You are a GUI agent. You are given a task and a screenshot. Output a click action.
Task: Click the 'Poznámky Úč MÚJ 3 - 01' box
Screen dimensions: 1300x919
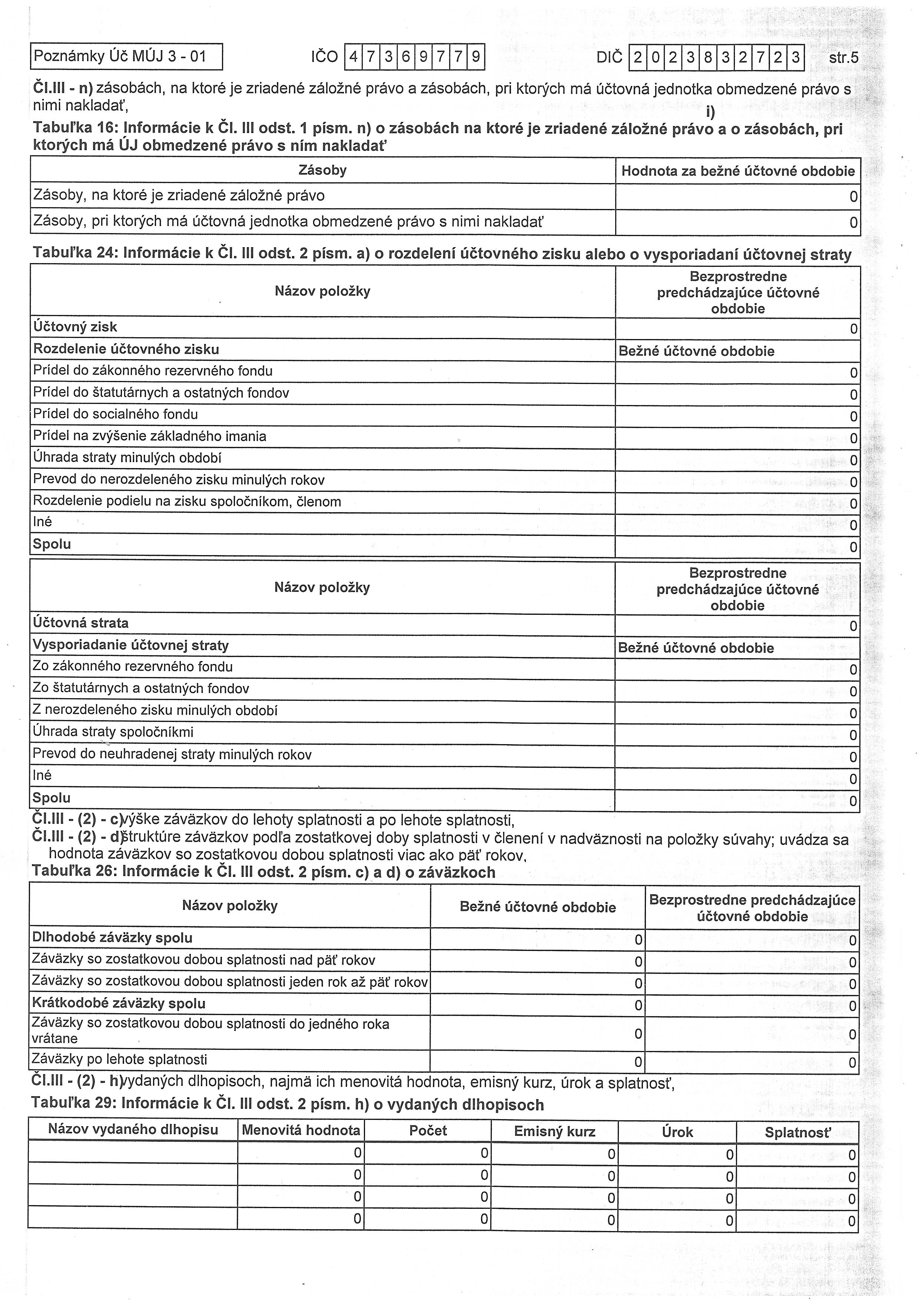point(126,57)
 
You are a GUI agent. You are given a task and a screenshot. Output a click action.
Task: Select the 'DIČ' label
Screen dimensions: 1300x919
point(609,57)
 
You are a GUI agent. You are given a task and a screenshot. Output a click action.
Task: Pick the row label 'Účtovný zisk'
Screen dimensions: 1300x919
point(75,327)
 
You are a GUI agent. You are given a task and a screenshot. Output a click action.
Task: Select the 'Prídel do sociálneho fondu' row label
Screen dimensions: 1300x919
point(116,414)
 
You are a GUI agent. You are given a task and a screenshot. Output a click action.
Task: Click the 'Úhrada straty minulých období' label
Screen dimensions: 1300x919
point(127,458)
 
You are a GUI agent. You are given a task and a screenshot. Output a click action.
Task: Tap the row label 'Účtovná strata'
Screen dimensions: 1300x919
point(80,623)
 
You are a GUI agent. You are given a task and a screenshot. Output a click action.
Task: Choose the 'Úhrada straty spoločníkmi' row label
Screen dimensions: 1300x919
point(113,732)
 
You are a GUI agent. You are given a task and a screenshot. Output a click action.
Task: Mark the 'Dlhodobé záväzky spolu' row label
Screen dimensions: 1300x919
point(112,938)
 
